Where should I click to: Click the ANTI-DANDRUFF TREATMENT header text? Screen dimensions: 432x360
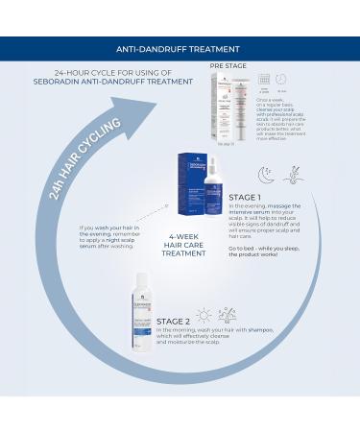pos(180,48)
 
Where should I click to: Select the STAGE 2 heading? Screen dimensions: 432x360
pos(176,321)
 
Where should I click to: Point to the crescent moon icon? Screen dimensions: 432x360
pos(266,174)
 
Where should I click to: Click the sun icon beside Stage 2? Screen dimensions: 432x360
pos(204,315)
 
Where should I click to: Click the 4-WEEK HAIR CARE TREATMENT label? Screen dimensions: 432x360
pos(180,243)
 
